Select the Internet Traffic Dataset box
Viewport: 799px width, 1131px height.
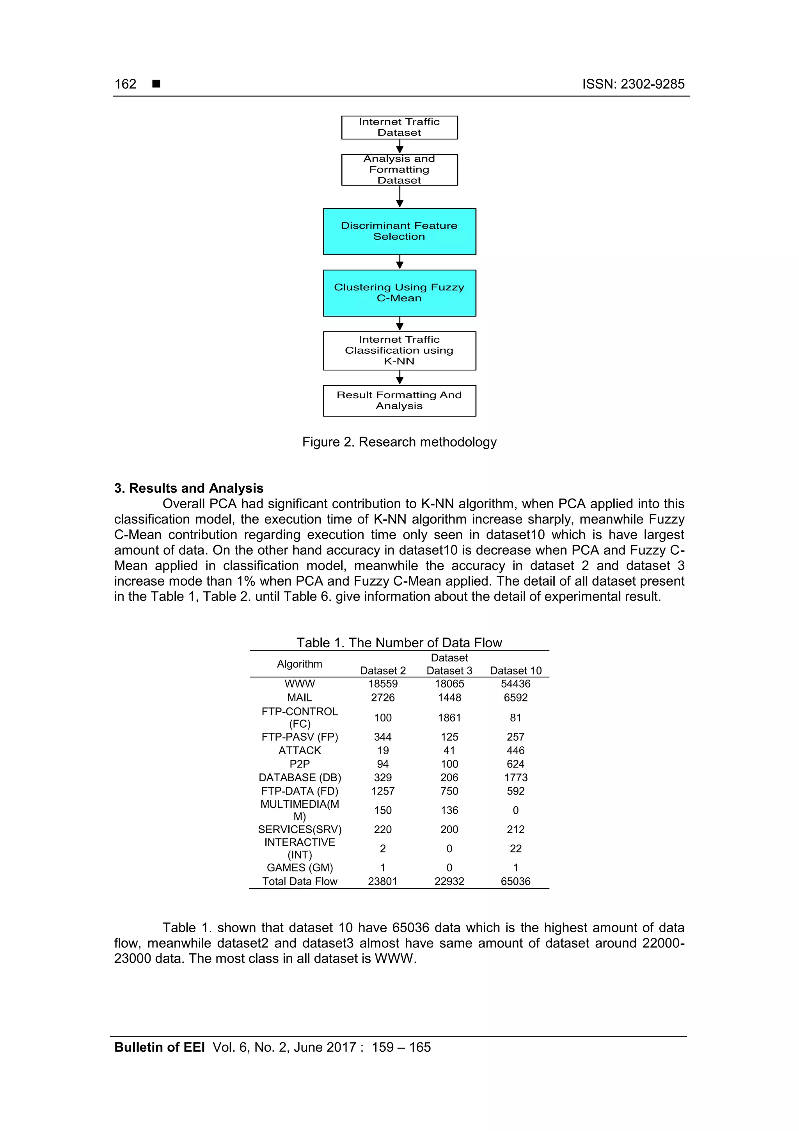pyautogui.click(x=399, y=127)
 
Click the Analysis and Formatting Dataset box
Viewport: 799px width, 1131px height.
pyautogui.click(x=399, y=169)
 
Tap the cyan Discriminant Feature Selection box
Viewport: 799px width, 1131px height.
pyautogui.click(x=399, y=231)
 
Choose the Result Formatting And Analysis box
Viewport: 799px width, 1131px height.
pyautogui.click(x=399, y=401)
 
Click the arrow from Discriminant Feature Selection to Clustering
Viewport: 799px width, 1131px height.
pyautogui.click(x=400, y=262)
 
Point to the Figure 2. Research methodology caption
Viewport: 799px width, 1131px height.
pyautogui.click(x=399, y=442)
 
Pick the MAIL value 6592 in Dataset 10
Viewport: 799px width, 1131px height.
pyautogui.click(x=515, y=698)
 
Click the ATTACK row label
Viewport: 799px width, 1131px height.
pyautogui.click(x=299, y=750)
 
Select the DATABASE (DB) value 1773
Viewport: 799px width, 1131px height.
pyautogui.click(x=515, y=777)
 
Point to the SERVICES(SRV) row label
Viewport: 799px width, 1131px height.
pyautogui.click(x=299, y=830)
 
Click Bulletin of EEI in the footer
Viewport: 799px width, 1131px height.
pyautogui.click(x=159, y=1047)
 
